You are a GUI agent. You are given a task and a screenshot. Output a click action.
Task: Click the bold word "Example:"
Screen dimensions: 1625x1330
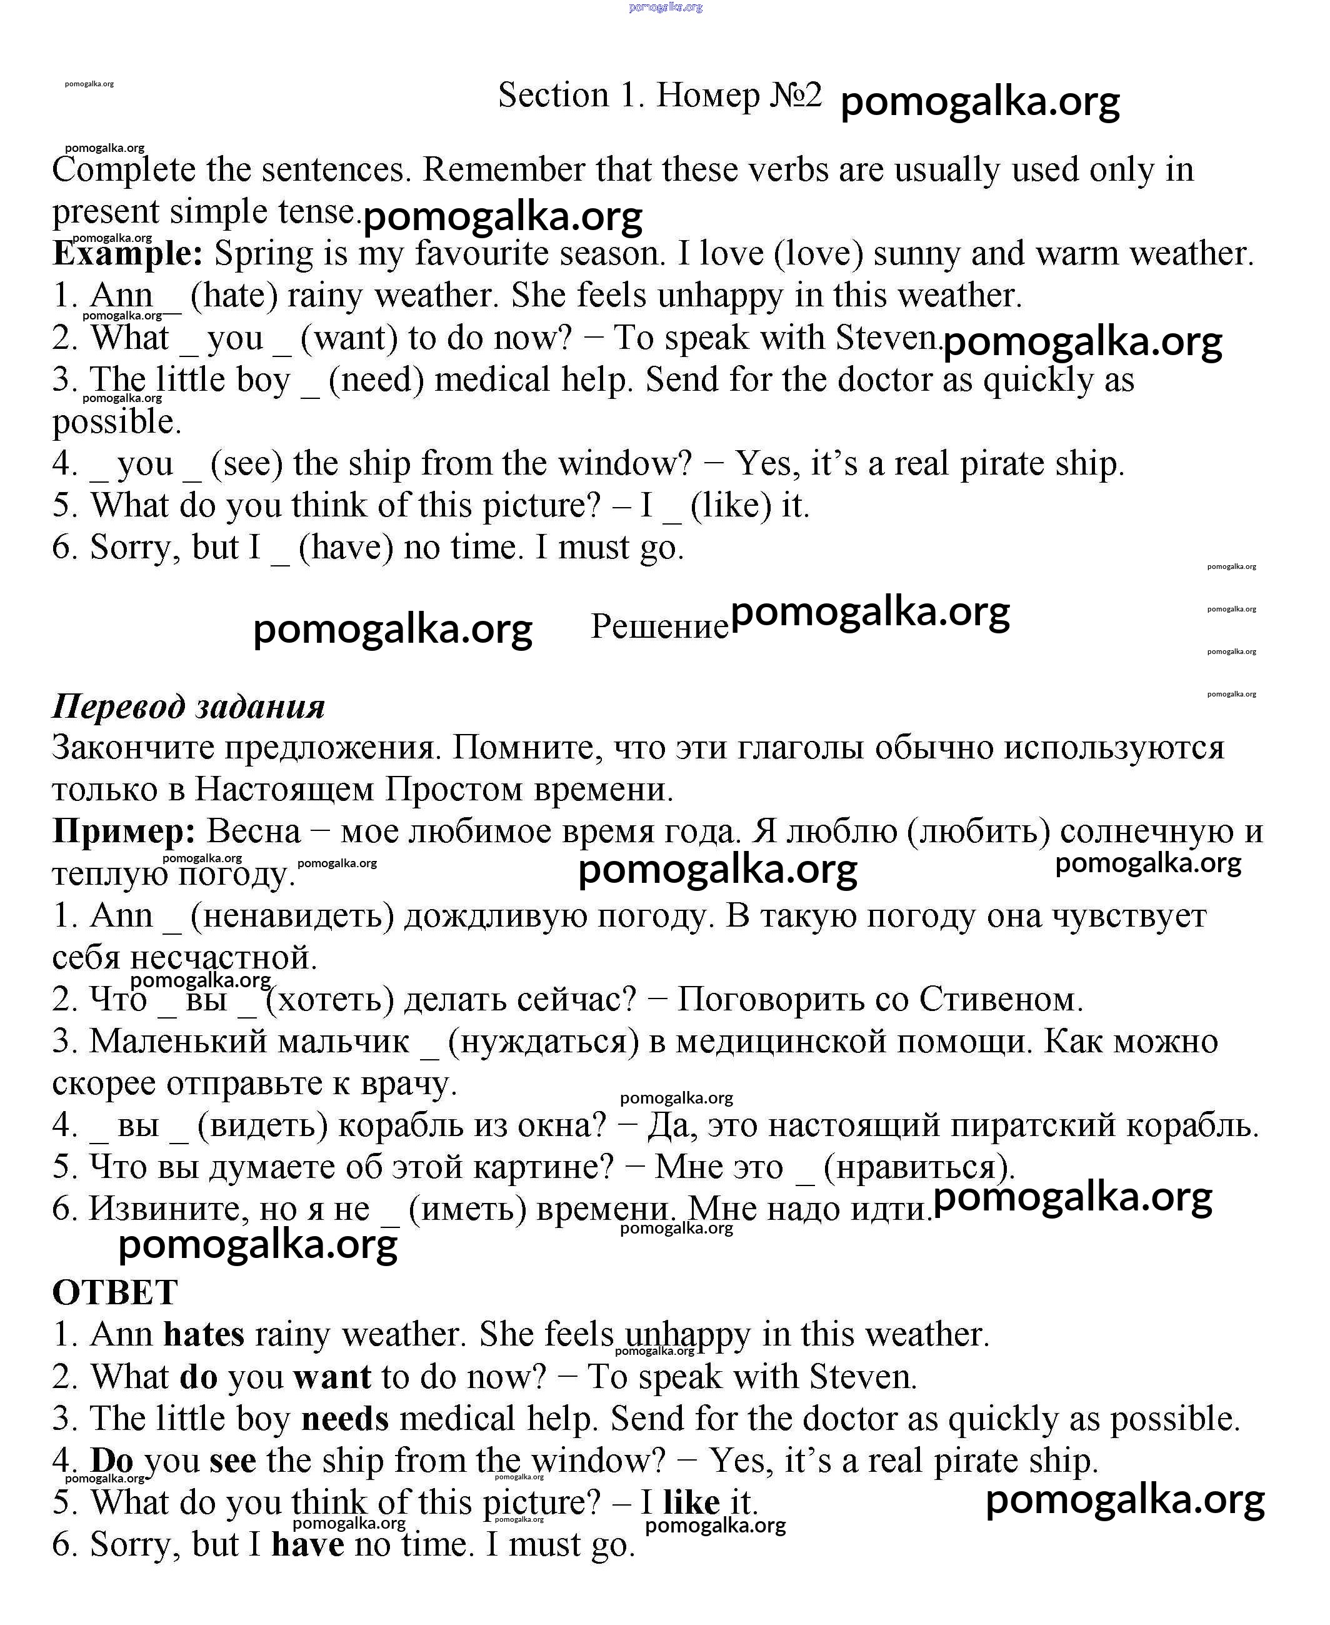(x=127, y=254)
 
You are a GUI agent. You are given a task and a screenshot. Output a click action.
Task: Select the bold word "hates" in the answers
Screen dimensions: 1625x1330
(x=204, y=1334)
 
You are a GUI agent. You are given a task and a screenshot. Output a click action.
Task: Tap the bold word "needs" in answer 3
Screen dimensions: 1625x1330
(x=345, y=1418)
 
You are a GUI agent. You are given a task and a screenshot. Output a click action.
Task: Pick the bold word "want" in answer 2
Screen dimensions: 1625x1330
(x=332, y=1377)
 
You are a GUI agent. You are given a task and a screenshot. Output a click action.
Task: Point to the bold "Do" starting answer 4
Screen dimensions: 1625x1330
(x=112, y=1460)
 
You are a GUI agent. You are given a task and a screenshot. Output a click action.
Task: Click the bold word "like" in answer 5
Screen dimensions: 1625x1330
(x=691, y=1502)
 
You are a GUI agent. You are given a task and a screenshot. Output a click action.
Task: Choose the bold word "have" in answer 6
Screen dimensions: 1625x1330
(x=307, y=1544)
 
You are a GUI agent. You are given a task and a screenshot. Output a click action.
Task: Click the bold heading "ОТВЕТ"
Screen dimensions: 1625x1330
(x=115, y=1292)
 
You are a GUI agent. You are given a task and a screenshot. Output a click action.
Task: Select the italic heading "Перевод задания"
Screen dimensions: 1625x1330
(x=189, y=706)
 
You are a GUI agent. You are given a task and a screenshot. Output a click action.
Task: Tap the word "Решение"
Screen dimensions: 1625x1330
(x=659, y=627)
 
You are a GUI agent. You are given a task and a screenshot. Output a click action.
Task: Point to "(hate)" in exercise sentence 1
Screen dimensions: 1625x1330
(x=234, y=296)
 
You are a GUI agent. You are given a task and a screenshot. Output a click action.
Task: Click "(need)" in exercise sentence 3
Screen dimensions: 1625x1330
(x=376, y=380)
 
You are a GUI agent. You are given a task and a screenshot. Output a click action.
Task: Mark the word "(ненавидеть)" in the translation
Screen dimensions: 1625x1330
(x=292, y=916)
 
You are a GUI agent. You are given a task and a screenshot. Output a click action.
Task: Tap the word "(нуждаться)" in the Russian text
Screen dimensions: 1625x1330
(x=543, y=1042)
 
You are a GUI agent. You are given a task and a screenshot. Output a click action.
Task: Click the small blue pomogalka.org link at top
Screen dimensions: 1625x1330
(x=665, y=7)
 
